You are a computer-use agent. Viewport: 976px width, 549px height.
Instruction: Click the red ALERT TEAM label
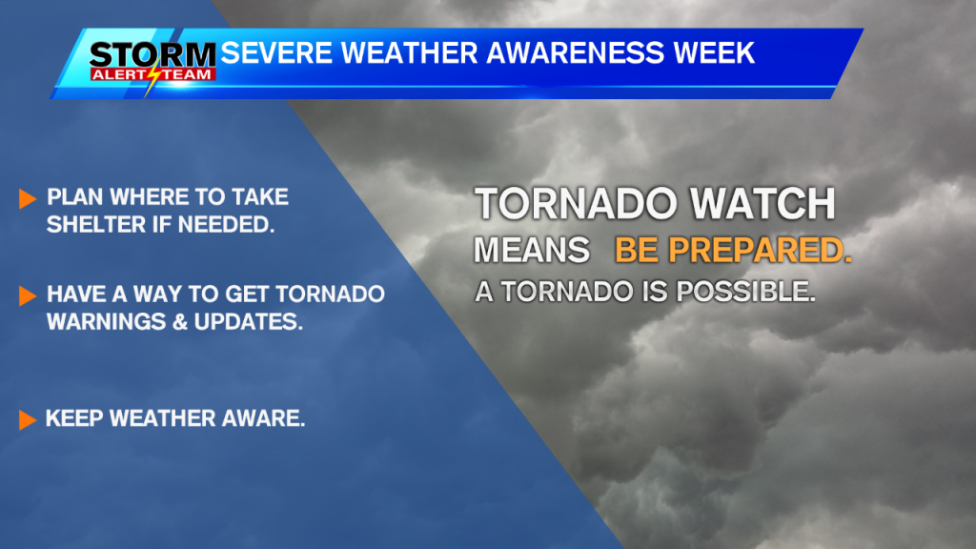(x=152, y=73)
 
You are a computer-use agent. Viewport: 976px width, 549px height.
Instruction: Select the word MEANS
(x=532, y=250)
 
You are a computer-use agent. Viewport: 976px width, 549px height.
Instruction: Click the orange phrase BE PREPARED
(x=733, y=250)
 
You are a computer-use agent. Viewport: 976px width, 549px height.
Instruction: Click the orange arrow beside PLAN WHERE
(x=27, y=199)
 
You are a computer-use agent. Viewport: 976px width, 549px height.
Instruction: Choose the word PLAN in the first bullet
(x=72, y=198)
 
